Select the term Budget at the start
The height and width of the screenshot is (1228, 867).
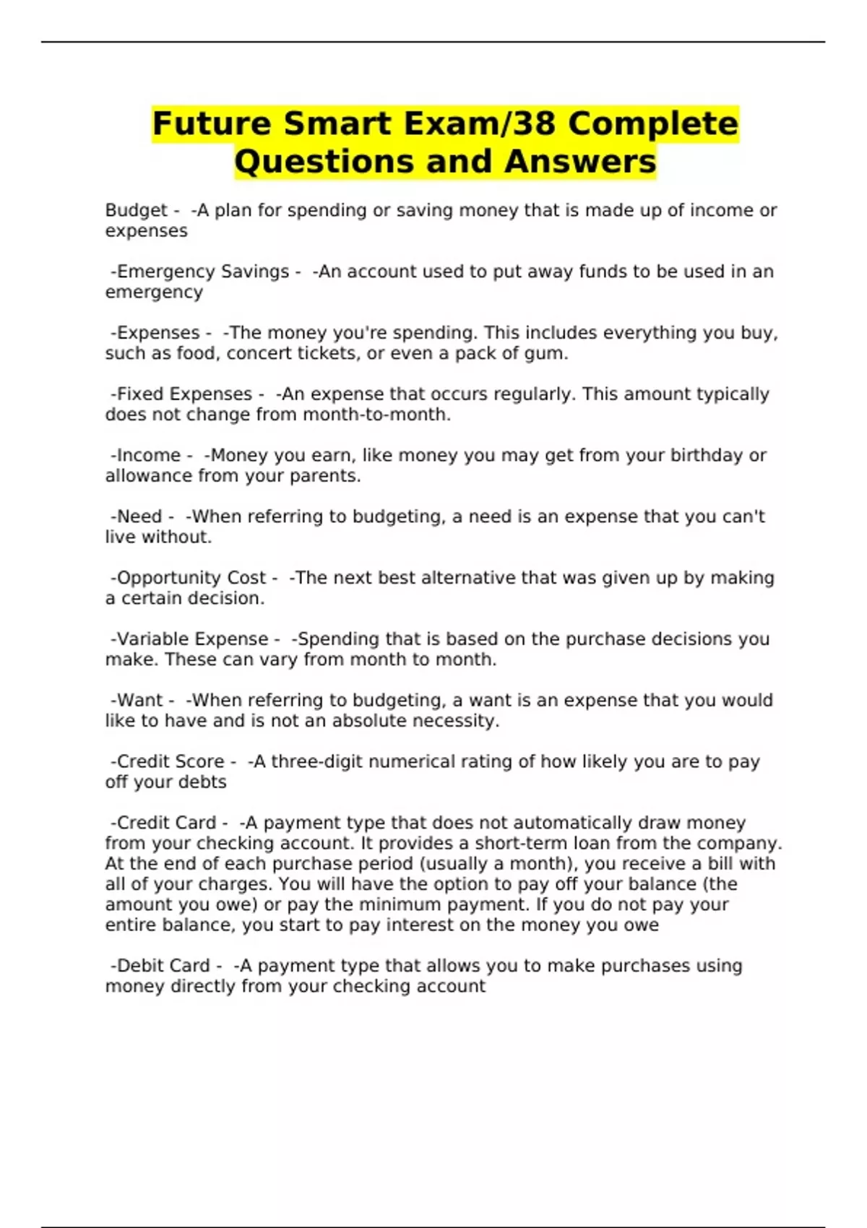[x=136, y=210]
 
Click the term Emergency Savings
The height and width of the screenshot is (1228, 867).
[x=203, y=272]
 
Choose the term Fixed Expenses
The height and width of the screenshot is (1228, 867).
[x=184, y=394]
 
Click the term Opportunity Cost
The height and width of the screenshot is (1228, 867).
[x=191, y=578]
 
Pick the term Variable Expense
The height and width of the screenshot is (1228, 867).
[x=192, y=639]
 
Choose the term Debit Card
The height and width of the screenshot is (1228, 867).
[x=163, y=966]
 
